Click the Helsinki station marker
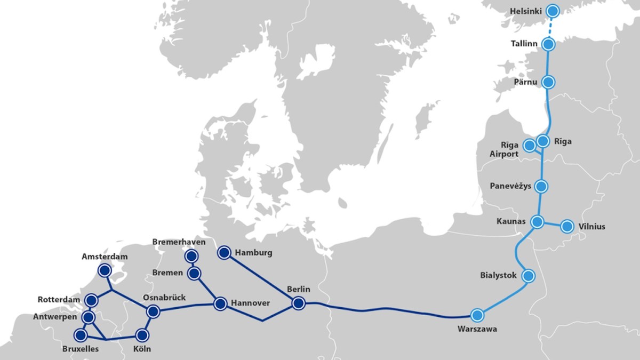point(553,10)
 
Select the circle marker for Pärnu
point(548,82)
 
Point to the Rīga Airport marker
point(529,145)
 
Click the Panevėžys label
point(510,186)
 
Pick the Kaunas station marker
point(537,221)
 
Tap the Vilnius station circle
point(566,226)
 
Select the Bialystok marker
point(528,276)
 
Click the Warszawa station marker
point(477,315)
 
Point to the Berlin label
point(298,289)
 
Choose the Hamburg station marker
point(224,252)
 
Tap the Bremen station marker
point(195,274)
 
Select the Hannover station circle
point(220,304)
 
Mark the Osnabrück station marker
point(153,311)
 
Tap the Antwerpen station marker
point(89,317)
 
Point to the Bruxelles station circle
point(81,335)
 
